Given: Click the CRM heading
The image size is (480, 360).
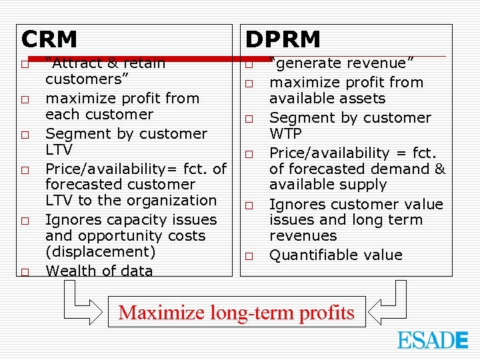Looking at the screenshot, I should tap(49, 39).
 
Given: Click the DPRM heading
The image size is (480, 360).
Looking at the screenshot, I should tap(283, 39).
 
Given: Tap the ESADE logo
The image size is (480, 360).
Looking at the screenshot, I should tap(433, 340).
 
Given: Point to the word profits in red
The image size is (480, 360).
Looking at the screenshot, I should tap(327, 312).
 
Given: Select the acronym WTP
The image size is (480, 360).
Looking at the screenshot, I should tap(285, 133).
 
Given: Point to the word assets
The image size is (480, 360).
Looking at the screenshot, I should tap(361, 98).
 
